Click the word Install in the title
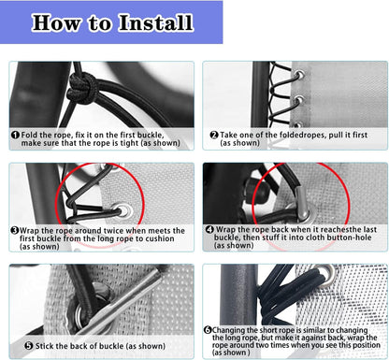point(155,22)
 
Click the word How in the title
point(56,22)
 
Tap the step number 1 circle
point(15,135)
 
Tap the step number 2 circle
point(214,135)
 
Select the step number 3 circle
point(14,231)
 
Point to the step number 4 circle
point(209,230)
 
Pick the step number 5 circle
point(29,346)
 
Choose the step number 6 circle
point(208,330)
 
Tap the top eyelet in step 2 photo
point(299,75)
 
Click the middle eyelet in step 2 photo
point(298,100)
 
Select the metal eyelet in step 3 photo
point(124,210)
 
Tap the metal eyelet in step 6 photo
point(327,274)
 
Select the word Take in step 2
point(228,135)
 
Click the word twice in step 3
point(114,231)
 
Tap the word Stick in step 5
point(44,346)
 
